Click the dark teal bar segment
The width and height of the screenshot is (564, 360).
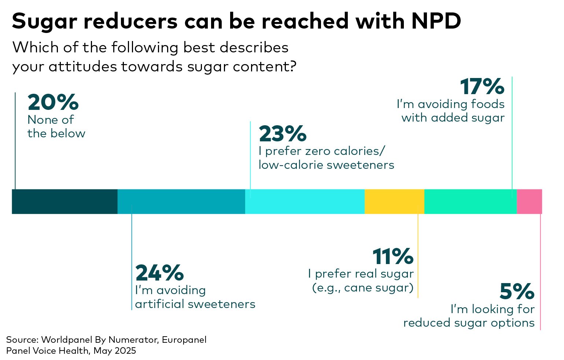pyautogui.click(x=64, y=201)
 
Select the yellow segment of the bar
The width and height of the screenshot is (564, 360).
pyautogui.click(x=394, y=201)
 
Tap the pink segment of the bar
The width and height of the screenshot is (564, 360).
pyautogui.click(x=529, y=201)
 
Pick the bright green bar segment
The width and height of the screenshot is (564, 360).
pyautogui.click(x=471, y=201)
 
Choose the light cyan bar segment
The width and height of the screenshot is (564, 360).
pyautogui.click(x=305, y=201)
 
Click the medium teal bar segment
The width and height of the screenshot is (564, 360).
pyautogui.click(x=181, y=201)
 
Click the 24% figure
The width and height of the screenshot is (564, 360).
pyautogui.click(x=159, y=273)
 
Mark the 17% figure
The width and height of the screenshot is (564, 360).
pyautogui.click(x=482, y=87)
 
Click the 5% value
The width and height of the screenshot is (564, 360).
pyautogui.click(x=517, y=292)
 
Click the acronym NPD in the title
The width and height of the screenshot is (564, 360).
pyautogui.click(x=436, y=21)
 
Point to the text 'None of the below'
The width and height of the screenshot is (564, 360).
pyautogui.click(x=56, y=127)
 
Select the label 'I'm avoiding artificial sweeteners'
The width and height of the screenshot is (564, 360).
pyautogui.click(x=195, y=297)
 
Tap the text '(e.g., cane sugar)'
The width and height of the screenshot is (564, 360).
pyautogui.click(x=362, y=288)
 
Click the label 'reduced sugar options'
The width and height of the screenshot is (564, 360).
pyautogui.click(x=469, y=323)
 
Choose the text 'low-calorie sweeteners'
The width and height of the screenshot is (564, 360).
pyautogui.click(x=326, y=165)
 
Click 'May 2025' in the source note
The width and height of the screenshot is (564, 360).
pyautogui.click(x=115, y=351)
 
